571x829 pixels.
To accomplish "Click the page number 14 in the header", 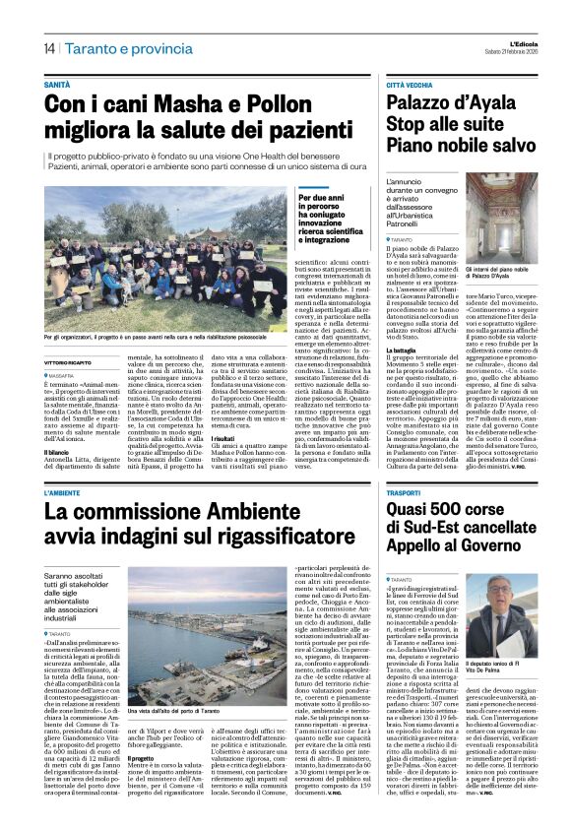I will [x=48, y=49].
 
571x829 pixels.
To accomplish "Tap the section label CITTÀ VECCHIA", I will [x=410, y=87].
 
